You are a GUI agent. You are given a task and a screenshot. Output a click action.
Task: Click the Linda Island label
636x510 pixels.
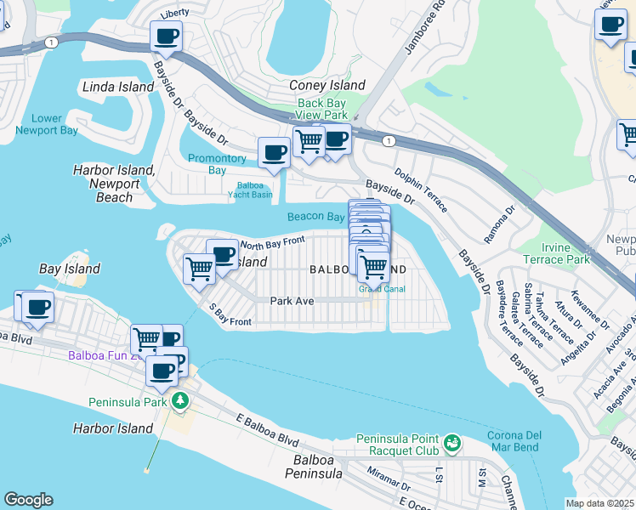point(118,88)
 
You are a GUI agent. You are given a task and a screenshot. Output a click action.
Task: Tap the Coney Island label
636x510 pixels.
point(327,85)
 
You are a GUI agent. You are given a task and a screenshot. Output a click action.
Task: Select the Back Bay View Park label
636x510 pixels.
point(322,109)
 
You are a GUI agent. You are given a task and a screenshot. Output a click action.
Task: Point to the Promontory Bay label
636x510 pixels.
point(217,164)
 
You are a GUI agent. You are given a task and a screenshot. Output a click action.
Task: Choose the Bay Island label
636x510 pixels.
point(70,269)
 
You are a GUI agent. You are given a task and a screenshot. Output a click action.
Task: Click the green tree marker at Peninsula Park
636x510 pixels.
point(179,400)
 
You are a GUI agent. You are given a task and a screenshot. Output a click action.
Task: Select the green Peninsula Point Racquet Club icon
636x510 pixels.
point(452,443)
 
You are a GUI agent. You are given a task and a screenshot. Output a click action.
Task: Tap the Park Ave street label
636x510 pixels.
point(292,301)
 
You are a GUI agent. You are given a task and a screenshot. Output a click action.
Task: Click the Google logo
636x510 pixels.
point(29,500)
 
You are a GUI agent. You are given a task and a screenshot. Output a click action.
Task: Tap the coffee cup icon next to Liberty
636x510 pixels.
point(166,37)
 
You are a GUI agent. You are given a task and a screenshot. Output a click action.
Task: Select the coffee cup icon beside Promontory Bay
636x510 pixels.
point(274,153)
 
